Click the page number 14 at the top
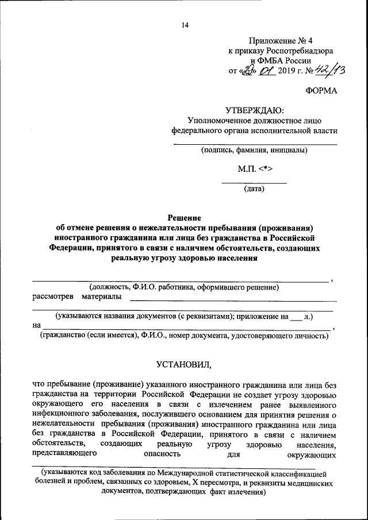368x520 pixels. point(185,25)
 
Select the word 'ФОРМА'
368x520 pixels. point(321,91)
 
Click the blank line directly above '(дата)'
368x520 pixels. point(254,182)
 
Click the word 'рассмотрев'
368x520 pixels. point(53,296)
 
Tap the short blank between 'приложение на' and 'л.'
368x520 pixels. point(296,317)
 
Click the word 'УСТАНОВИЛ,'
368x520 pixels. point(184,364)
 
